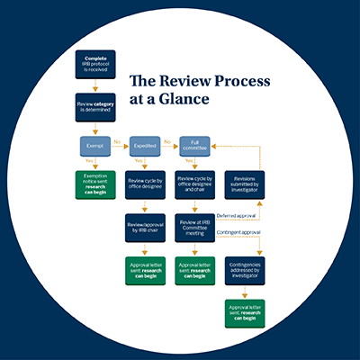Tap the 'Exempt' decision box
(95, 144)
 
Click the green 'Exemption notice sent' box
(95, 183)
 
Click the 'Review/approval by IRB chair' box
(145, 224)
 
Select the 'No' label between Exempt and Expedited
(117, 139)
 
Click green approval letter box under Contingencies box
(244, 312)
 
